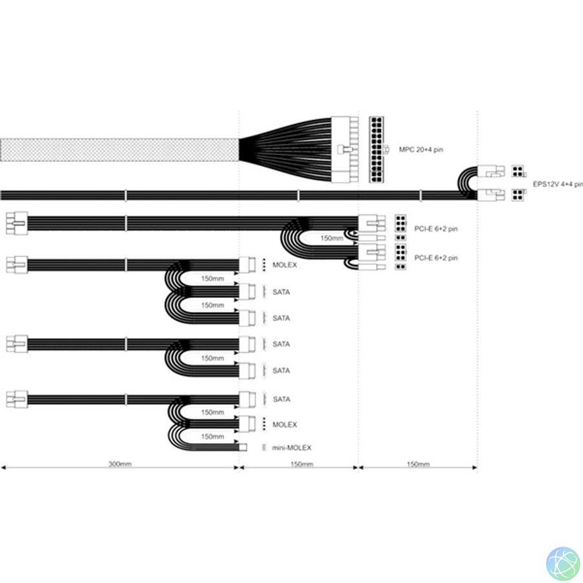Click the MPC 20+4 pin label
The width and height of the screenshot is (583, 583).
(421, 150)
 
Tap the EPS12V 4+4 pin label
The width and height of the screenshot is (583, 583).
(558, 184)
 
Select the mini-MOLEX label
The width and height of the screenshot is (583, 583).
(291, 448)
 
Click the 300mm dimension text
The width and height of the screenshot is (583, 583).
(120, 464)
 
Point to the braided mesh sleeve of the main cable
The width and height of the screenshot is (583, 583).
(119, 150)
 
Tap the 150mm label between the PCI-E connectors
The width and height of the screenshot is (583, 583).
(332, 238)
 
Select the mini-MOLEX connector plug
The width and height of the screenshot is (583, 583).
(243, 447)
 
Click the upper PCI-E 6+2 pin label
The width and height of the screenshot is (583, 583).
(436, 229)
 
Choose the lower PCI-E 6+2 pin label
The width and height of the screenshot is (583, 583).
(436, 258)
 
